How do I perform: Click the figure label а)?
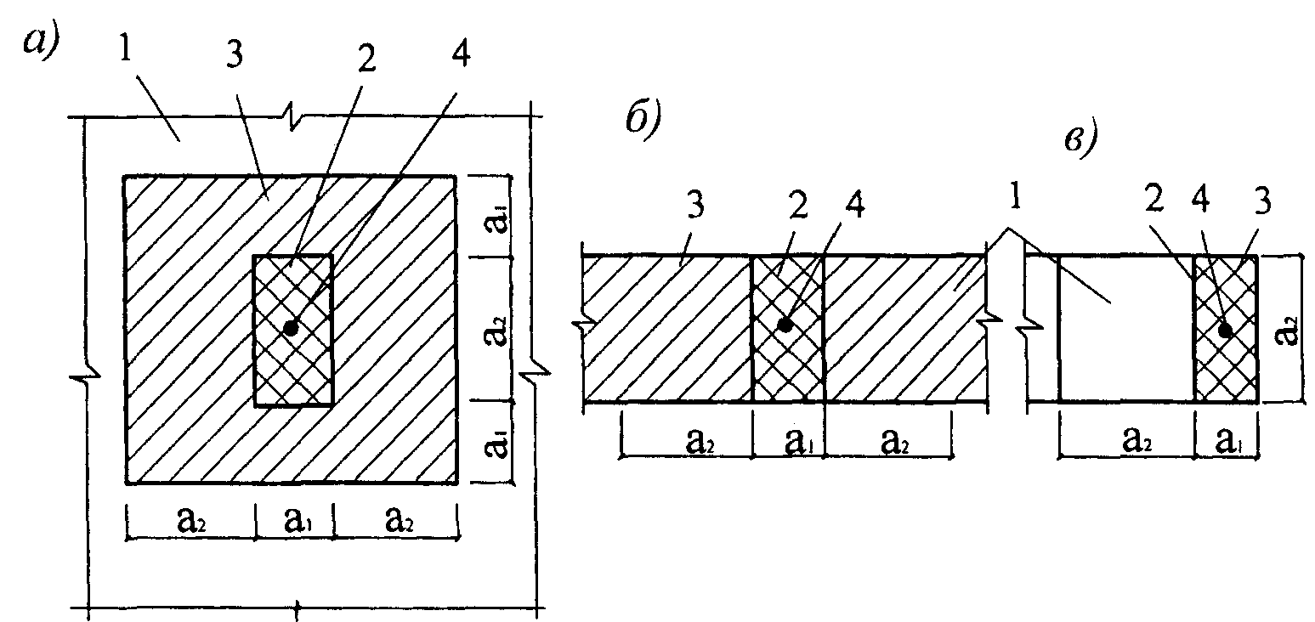(x=40, y=42)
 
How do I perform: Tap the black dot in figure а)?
(x=291, y=327)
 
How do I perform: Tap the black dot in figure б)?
(x=785, y=325)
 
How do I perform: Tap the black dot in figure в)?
(x=1225, y=331)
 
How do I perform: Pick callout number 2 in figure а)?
(x=366, y=59)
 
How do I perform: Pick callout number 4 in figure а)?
(x=461, y=54)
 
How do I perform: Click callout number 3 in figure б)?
(x=695, y=205)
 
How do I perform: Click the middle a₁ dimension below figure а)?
(x=298, y=520)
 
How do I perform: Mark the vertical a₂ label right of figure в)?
(x=1287, y=331)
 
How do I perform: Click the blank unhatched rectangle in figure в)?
(x=1126, y=329)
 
